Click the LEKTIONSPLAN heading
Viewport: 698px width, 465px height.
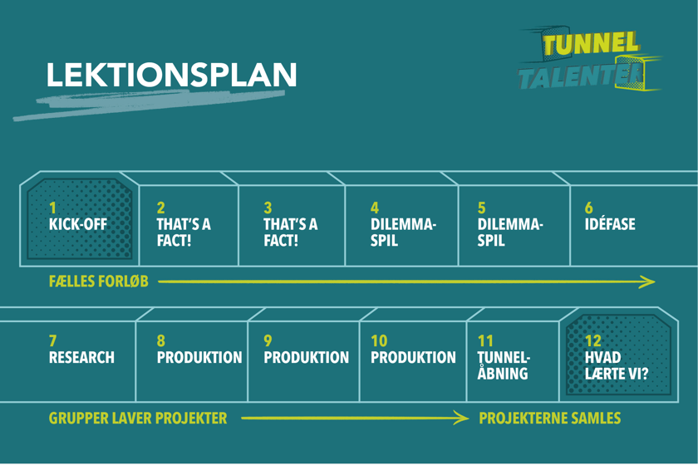[x=171, y=75]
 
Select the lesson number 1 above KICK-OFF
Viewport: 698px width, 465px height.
[x=53, y=208]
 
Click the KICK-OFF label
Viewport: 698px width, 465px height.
[x=78, y=224]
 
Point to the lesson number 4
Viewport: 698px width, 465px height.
[x=375, y=208]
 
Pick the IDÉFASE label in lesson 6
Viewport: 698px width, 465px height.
[x=610, y=224]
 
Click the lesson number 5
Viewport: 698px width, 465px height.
[x=482, y=208]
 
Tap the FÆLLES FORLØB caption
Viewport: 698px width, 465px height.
[x=99, y=281]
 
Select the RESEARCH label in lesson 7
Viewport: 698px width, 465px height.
[x=81, y=358]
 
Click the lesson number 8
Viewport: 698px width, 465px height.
[x=161, y=341]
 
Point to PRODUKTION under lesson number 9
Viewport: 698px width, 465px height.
[x=306, y=358]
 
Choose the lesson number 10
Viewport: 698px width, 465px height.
[x=379, y=341]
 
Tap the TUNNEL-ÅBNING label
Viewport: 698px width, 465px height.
[x=504, y=365]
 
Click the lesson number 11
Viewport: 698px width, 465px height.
[x=485, y=341]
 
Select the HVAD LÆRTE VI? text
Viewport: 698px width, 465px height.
[x=616, y=365]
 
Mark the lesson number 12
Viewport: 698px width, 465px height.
[x=593, y=341]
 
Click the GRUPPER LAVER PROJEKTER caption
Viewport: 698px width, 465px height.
[x=138, y=418]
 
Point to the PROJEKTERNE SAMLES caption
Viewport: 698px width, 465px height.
[x=550, y=418]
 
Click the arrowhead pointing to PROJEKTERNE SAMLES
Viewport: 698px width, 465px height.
[x=461, y=418]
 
